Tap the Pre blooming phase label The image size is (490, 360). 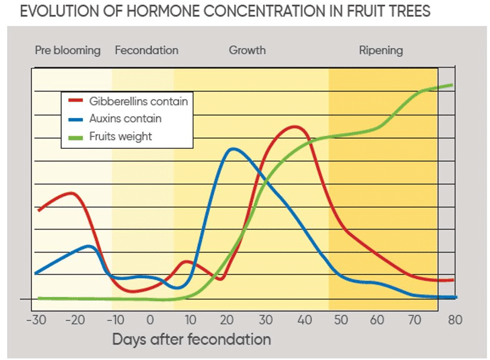pos(68,50)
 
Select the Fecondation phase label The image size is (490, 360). pos(146,50)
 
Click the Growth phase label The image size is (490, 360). pos(247,50)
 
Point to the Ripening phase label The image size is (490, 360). pos(381,50)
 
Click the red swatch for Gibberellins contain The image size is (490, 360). pos(76,100)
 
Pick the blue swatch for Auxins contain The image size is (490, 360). pos(76,119)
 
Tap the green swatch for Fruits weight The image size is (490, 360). pos(76,138)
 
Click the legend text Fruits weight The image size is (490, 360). pos(120,136)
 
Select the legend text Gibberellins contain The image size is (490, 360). pos(139,101)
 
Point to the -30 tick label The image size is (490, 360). pos(36,320)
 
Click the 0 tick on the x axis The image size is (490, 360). pos(150,320)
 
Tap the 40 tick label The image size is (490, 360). pos(305,320)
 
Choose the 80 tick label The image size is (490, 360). pos(455,320)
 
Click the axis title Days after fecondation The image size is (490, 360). pos(191,339)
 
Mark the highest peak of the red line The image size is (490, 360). pos(294,127)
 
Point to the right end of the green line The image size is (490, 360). pos(452,85)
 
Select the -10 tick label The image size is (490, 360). pos(116,320)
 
